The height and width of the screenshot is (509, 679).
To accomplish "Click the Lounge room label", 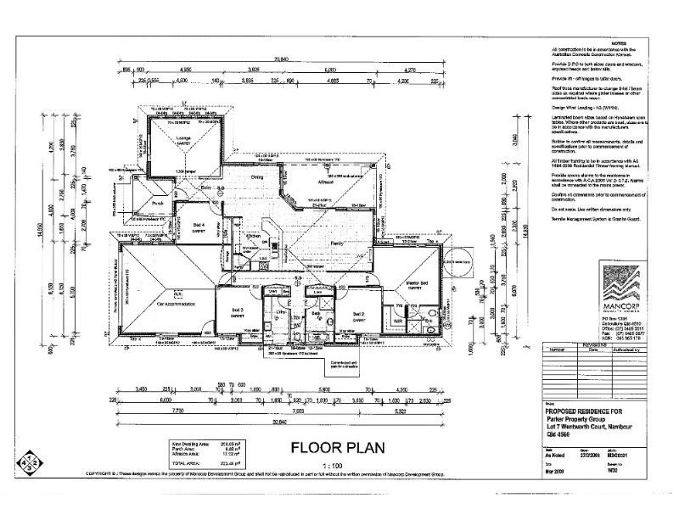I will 182,137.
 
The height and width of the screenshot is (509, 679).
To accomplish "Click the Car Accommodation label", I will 177,303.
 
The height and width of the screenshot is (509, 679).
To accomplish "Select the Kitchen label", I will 253,235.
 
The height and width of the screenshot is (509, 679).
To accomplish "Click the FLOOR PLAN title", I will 339,447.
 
